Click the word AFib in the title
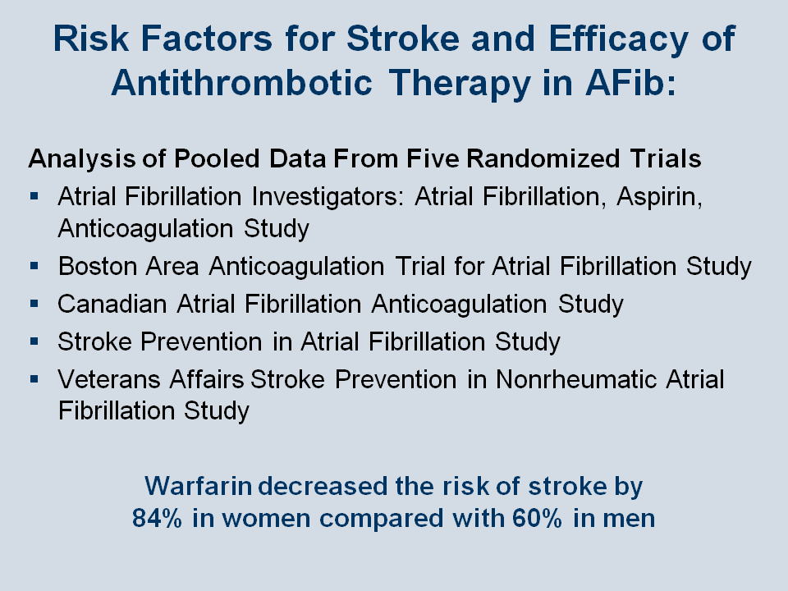click(630, 82)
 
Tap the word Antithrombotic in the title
click(241, 82)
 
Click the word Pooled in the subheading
click(217, 158)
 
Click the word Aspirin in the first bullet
click(659, 196)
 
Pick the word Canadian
click(112, 304)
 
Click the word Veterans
click(109, 379)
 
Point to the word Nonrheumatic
click(576, 379)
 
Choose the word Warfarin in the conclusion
click(198, 486)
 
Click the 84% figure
click(157, 518)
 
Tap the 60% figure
click(537, 518)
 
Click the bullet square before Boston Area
click(34, 265)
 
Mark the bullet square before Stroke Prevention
click(34, 341)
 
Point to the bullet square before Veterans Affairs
click(34, 379)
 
